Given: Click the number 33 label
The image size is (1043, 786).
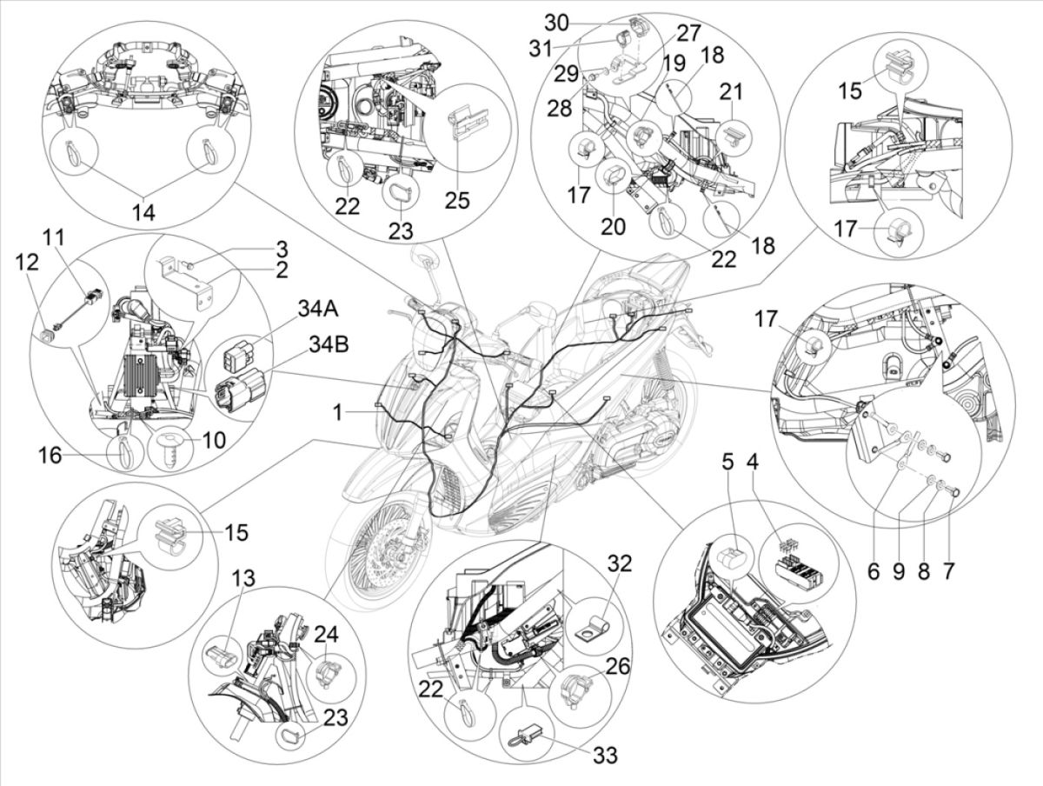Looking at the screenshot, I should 606,755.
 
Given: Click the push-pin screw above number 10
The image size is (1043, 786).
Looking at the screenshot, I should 168,448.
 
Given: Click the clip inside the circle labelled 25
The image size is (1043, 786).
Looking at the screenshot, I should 469,124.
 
